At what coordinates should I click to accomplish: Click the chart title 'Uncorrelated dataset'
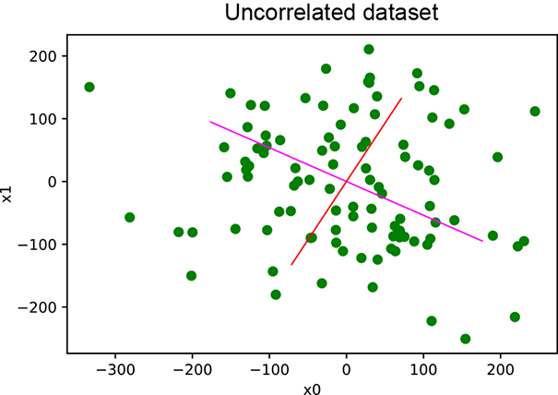(311, 14)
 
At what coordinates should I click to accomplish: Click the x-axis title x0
(312, 389)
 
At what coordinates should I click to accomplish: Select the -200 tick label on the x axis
(192, 369)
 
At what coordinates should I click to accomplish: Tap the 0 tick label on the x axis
(346, 369)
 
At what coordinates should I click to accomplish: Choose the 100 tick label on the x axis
(423, 369)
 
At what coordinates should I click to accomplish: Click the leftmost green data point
(89, 87)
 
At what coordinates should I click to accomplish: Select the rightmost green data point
(535, 111)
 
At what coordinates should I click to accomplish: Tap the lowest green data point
(465, 339)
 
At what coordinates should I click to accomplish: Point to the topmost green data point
(369, 50)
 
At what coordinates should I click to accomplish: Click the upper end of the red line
(401, 98)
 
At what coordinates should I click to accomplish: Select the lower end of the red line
(291, 265)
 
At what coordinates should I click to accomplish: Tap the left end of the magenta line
(210, 122)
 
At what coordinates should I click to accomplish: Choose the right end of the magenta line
(482, 241)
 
